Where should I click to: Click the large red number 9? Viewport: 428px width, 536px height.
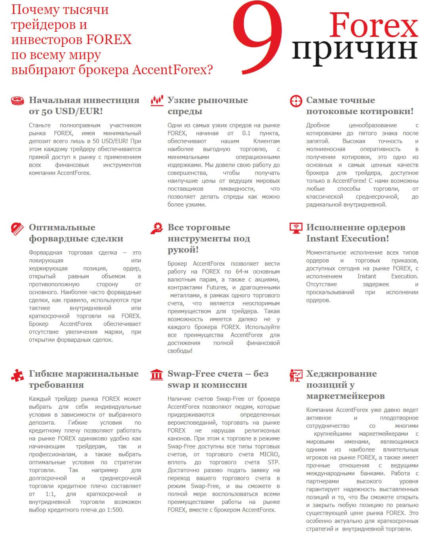tap(257, 38)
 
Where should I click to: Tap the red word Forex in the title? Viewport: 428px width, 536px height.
tap(373, 25)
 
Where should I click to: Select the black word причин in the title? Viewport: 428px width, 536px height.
tap(355, 49)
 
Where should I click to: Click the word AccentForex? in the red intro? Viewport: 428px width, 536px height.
tap(172, 70)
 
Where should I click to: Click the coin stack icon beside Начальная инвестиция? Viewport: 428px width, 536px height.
tap(17, 101)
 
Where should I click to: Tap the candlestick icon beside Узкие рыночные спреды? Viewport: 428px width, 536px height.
tap(157, 101)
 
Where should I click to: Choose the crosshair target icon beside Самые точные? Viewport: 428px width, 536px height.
tap(296, 101)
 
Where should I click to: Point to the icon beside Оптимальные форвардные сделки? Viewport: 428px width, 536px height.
tap(17, 229)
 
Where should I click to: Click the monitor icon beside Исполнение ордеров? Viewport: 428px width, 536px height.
tap(296, 228)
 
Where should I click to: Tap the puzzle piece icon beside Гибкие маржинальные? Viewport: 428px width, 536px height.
tap(17, 375)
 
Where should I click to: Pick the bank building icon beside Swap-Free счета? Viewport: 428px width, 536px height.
tap(157, 375)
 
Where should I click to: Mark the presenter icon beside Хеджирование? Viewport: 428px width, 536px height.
tap(296, 375)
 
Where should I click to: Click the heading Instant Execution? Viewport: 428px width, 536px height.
tap(347, 239)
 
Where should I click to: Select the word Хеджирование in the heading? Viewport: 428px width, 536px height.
tap(341, 374)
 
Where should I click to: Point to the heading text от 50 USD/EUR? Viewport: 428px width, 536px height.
tap(66, 111)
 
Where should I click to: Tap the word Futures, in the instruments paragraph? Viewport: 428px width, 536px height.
tap(217, 287)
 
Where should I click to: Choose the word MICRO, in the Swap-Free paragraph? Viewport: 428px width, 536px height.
tap(269, 454)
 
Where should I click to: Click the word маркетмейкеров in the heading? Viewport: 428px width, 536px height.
tap(345, 396)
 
